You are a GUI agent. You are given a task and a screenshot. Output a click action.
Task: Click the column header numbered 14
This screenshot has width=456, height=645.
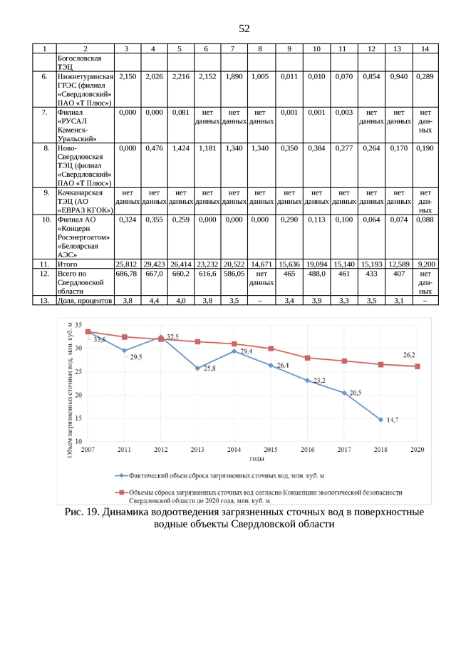coord(425,48)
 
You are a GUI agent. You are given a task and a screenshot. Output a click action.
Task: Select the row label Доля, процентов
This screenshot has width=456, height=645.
coord(84,301)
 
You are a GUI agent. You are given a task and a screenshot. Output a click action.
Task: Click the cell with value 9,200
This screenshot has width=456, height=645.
coord(425,264)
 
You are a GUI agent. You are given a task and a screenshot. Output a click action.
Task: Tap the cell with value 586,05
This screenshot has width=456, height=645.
coord(233,274)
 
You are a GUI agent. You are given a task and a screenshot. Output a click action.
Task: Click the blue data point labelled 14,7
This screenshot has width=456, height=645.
coord(380,420)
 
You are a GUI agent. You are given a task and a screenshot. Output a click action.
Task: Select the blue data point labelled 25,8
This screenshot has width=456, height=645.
coord(197,368)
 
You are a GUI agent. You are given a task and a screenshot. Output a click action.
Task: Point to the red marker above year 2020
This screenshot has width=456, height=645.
coord(418,366)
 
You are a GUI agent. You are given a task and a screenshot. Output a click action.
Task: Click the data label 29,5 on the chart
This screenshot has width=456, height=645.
coord(135,357)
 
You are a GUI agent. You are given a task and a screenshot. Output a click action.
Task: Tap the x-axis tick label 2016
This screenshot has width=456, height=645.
coord(308,450)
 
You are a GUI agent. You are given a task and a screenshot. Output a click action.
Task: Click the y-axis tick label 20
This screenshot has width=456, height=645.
coord(79,396)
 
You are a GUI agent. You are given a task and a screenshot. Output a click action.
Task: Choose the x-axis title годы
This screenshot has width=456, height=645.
coord(252,460)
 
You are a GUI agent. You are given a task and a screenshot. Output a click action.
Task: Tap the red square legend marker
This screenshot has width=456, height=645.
coord(123,492)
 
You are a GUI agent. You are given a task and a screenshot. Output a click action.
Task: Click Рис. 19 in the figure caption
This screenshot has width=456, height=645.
coord(83,512)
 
